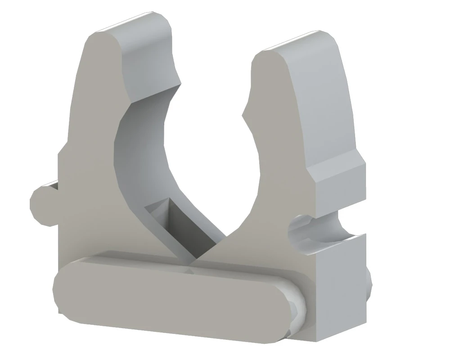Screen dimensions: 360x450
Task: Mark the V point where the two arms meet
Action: pos(194,260)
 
